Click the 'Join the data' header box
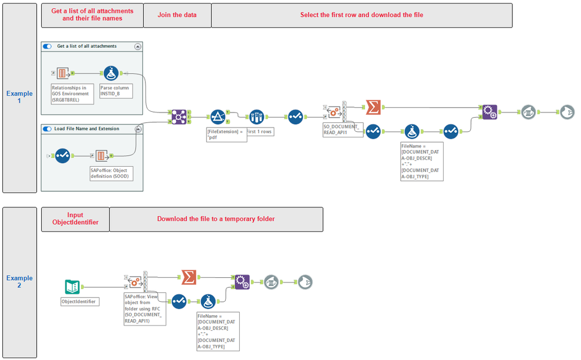[176, 15]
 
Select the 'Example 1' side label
[19, 97]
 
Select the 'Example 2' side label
[19, 282]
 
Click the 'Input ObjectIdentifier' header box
[75, 219]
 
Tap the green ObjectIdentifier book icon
[72, 287]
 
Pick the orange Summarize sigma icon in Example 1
[373, 107]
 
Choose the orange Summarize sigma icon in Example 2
[188, 278]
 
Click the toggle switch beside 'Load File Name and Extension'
[48, 129]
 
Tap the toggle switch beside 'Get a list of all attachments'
[48, 46]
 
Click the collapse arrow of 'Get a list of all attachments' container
[137, 46]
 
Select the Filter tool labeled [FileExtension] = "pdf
[217, 117]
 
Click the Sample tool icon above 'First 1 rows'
[256, 117]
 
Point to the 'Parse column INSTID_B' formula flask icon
[112, 74]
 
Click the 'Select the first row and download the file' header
[362, 15]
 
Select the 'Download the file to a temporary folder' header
[215, 219]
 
